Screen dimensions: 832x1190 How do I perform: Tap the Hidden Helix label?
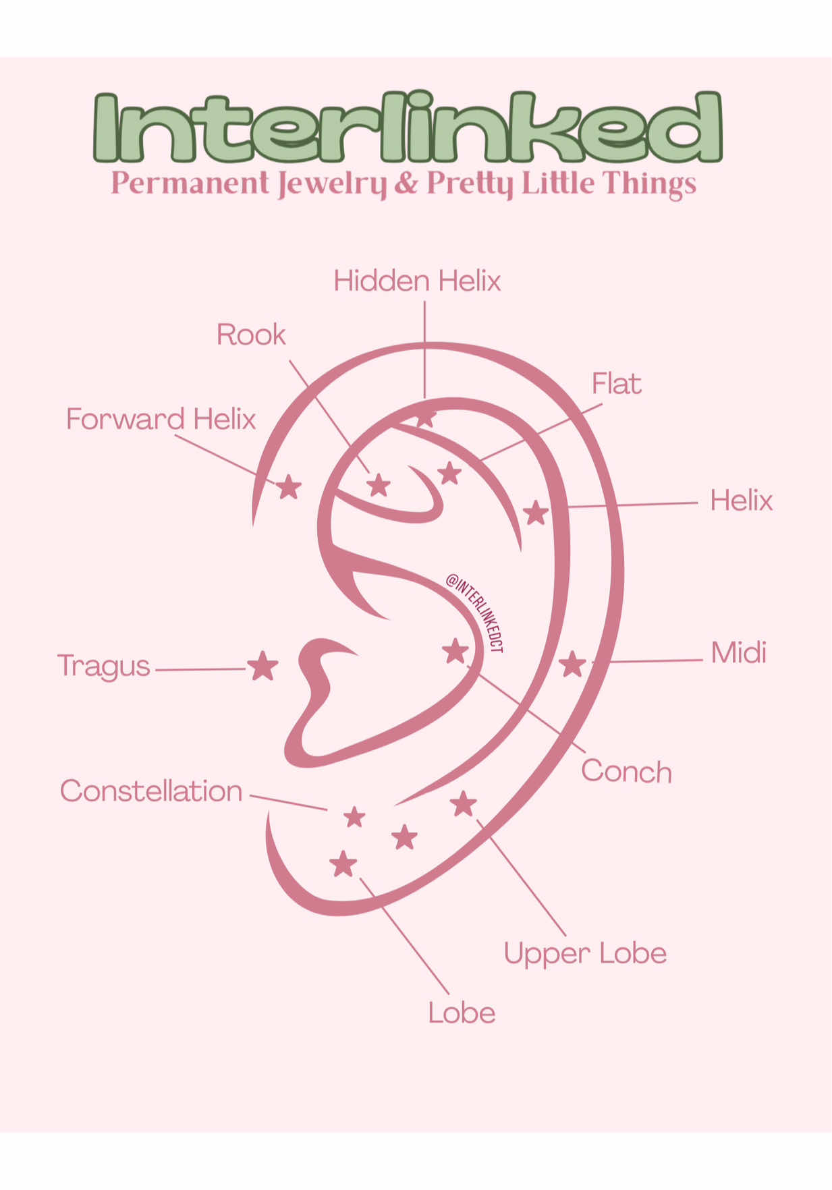click(417, 281)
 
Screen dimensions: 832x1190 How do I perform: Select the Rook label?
click(251, 335)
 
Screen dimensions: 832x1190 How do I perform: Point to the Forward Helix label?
click(161, 419)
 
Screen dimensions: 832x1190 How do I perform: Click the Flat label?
click(616, 383)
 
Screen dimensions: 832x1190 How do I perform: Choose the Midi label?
click(739, 652)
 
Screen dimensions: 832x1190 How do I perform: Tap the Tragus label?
click(103, 667)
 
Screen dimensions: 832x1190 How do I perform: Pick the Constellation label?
click(151, 791)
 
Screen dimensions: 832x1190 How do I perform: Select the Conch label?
click(626, 771)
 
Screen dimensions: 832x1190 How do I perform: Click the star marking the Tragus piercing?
click(262, 667)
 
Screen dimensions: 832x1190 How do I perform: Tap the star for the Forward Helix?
click(289, 486)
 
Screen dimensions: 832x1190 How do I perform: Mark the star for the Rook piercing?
click(379, 484)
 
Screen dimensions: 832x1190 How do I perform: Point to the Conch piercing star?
click(455, 652)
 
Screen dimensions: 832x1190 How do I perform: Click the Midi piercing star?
click(572, 664)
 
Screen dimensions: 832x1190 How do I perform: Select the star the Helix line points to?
click(536, 513)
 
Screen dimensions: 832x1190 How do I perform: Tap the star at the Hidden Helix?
click(424, 418)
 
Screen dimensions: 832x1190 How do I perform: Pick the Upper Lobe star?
click(464, 803)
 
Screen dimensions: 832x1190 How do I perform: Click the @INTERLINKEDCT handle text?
click(475, 612)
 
